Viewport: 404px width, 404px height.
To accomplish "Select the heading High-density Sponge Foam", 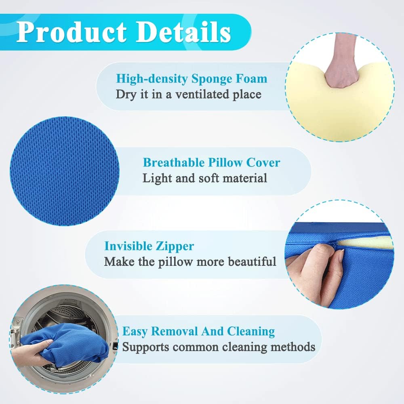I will coord(191,78).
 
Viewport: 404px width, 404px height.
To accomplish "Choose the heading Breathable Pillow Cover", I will coord(211,162).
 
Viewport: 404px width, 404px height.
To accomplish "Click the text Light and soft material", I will coord(205,178).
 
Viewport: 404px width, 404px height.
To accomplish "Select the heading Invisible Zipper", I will coord(149,246).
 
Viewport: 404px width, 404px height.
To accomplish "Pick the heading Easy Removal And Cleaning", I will coord(198,332).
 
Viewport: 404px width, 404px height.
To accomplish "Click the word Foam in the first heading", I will coord(253,78).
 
